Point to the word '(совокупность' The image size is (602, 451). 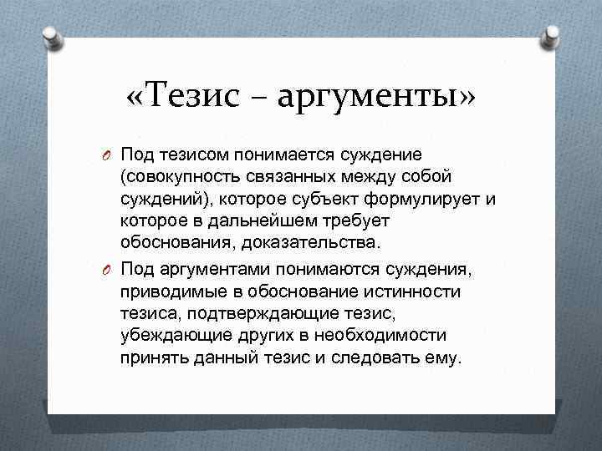pos(172,177)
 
